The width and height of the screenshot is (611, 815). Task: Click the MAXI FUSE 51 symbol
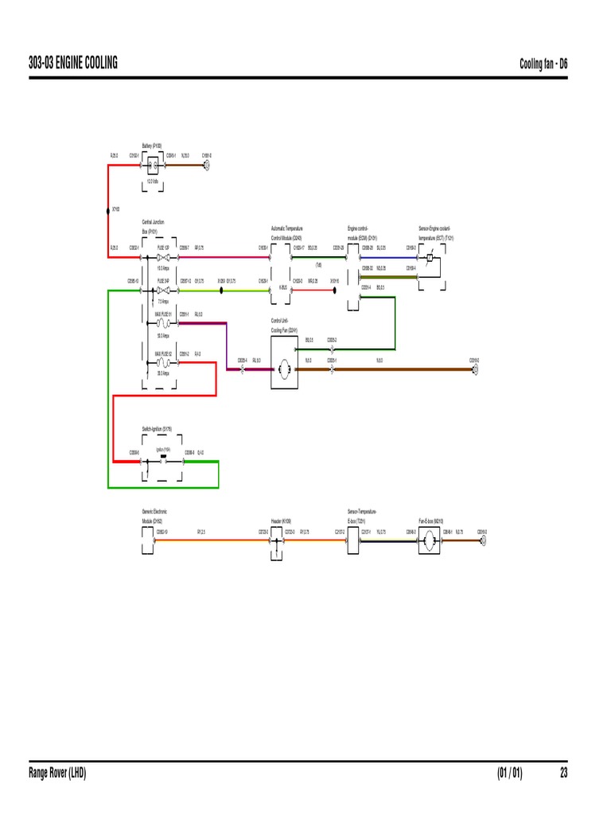(164, 325)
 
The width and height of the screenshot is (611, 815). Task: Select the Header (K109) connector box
(276, 542)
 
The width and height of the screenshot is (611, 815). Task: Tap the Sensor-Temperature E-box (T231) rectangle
(353, 542)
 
